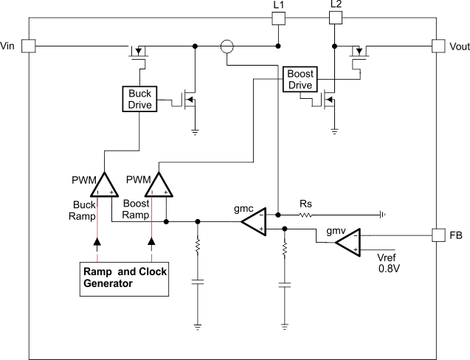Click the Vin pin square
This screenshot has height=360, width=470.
[x=28, y=46]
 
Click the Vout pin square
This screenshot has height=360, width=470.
[x=439, y=46]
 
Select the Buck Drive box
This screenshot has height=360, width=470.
[x=140, y=99]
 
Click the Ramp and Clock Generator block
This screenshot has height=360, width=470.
[x=125, y=277]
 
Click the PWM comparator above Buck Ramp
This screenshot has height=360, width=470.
[x=104, y=185]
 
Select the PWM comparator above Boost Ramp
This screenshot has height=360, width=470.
[x=158, y=185]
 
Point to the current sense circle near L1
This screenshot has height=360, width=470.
[x=227, y=46]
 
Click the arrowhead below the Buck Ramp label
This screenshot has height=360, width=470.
[x=98, y=241]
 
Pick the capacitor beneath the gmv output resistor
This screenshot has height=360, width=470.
[x=284, y=284]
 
